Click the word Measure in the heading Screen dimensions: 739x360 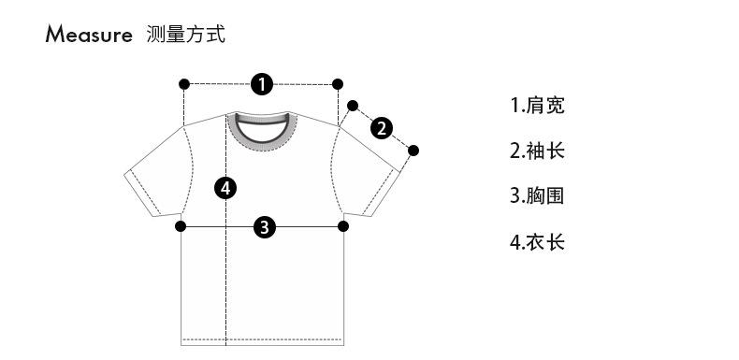tap(89, 34)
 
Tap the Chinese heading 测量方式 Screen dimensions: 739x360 tap(186, 34)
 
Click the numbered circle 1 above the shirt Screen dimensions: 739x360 tap(262, 84)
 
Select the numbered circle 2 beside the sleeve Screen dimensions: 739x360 tap(382, 128)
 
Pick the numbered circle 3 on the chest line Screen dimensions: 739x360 tap(265, 227)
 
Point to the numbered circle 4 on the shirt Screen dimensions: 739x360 tap(225, 189)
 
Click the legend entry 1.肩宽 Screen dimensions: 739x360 tap(537, 105)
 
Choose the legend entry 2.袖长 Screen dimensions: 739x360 tap(537, 151)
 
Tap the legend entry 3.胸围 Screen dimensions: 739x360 tap(537, 196)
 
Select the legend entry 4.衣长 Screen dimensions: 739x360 tap(537, 242)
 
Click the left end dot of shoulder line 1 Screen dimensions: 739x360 tap(184, 84)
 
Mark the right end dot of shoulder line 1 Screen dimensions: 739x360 tap(338, 84)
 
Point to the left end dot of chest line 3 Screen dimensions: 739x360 tap(181, 226)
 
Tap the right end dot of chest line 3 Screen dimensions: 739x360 tap(343, 226)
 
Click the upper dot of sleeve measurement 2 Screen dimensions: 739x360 tap(353, 106)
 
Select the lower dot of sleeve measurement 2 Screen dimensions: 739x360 tap(413, 151)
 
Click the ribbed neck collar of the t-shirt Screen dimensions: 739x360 tap(262, 143)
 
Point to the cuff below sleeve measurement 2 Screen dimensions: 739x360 tap(382, 194)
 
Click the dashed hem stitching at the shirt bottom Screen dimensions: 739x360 tap(263, 339)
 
